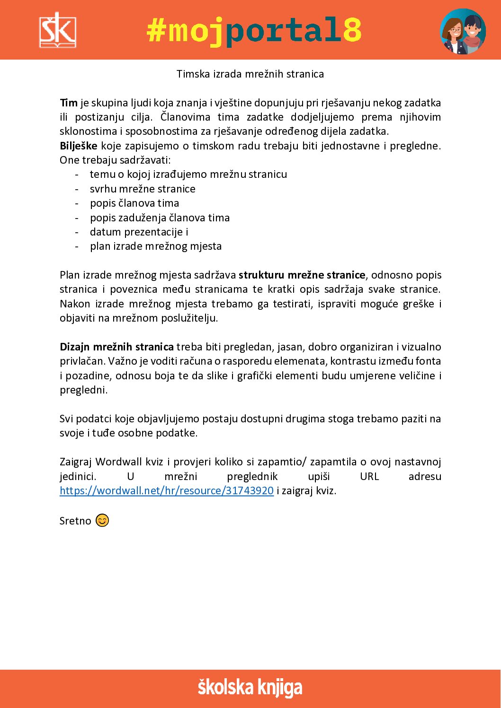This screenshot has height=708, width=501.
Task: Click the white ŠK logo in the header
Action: point(57,30)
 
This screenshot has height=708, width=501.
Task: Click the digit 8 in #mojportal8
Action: point(352,30)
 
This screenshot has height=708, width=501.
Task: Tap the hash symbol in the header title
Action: point(157,30)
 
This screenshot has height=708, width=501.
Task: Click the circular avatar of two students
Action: point(463,31)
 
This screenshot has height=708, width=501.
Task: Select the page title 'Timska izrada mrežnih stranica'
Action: point(250,74)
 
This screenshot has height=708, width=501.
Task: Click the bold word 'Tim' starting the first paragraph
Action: point(69,103)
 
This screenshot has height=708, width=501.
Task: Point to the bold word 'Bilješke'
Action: point(79,146)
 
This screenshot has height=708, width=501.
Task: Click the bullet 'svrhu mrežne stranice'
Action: point(143,189)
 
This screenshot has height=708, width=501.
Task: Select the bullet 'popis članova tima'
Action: point(134,203)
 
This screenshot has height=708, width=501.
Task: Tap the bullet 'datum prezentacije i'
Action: point(139,232)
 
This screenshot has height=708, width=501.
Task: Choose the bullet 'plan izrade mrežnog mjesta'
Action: point(156,246)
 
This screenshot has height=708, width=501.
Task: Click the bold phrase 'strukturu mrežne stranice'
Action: point(302,275)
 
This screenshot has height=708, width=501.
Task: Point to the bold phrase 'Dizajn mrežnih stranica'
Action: point(116,347)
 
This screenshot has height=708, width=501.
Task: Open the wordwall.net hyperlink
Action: point(167,490)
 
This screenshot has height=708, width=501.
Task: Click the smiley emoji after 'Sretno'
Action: point(102,520)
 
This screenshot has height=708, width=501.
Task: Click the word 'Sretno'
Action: point(75,521)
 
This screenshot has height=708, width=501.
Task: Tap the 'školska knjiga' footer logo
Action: point(250,688)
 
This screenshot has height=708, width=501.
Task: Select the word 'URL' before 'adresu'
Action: point(369,476)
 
